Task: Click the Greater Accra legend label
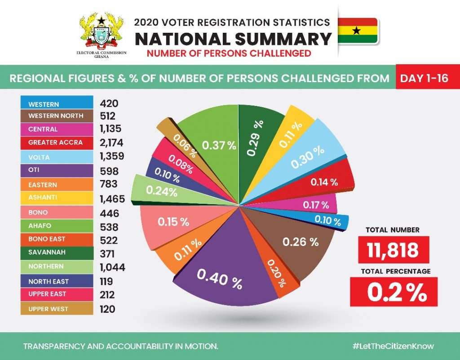[x=56, y=143]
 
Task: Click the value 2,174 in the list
[x=111, y=143]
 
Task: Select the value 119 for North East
[x=107, y=281]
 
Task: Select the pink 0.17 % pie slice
[x=314, y=206]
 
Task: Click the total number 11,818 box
[x=393, y=250]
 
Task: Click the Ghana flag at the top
[x=357, y=31]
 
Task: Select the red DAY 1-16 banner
[x=424, y=78]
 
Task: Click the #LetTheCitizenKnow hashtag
[x=393, y=346]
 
